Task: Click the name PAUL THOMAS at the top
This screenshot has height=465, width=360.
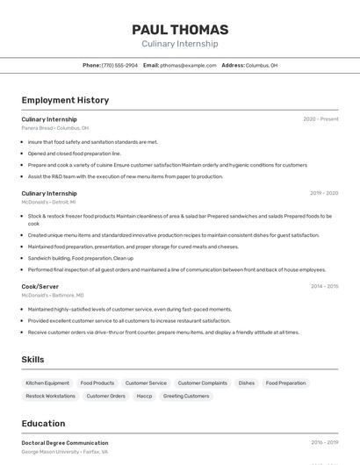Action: tap(180, 30)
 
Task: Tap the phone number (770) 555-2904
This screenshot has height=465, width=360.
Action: tap(119, 65)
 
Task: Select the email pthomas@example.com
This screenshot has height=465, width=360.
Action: tap(188, 65)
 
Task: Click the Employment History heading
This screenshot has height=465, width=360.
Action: tap(65, 100)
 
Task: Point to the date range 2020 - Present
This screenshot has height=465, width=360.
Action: tap(320, 119)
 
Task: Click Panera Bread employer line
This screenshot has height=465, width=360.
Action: tap(54, 128)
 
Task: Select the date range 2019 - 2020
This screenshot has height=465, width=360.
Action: tap(324, 193)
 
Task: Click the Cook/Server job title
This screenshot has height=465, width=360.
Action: tap(40, 286)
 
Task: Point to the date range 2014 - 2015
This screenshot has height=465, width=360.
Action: tap(324, 286)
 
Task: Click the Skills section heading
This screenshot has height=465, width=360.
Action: tap(32, 360)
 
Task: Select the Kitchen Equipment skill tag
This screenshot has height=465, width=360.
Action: tap(47, 383)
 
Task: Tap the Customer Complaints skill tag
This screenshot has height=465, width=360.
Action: tap(202, 383)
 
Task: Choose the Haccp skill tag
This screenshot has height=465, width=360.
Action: tap(144, 397)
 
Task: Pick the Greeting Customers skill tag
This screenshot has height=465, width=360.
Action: tap(186, 397)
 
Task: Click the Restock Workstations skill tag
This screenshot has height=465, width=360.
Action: tap(50, 397)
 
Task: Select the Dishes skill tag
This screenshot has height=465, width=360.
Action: tap(247, 383)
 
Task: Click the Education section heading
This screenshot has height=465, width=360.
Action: tap(43, 424)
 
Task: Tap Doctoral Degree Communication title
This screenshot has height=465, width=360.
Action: tap(65, 443)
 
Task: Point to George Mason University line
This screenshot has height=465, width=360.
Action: tap(65, 452)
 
